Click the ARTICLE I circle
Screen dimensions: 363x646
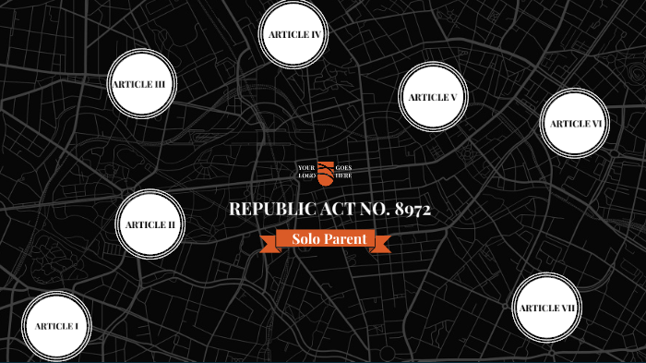click(x=57, y=326)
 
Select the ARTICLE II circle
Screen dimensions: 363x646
click(x=150, y=224)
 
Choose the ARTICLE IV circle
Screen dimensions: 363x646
click(x=294, y=34)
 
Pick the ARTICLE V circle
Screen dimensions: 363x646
click(x=433, y=97)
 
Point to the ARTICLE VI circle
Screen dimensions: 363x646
click(x=575, y=124)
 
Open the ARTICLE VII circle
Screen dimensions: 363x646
click(x=546, y=308)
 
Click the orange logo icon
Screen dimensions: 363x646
click(x=326, y=172)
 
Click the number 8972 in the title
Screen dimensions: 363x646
click(x=412, y=210)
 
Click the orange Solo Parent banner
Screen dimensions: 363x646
click(x=331, y=240)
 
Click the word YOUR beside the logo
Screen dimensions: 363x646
click(x=306, y=167)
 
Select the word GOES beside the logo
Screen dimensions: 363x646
click(x=344, y=167)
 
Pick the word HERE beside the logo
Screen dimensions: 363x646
click(x=343, y=175)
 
